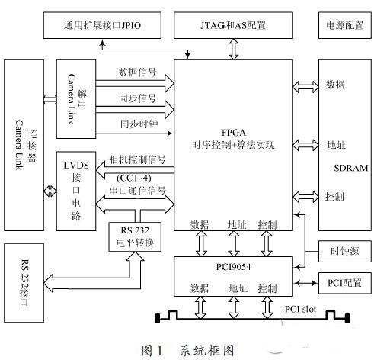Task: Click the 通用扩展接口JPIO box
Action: (x=102, y=25)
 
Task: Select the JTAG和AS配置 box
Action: (x=233, y=25)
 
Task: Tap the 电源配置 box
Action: (x=345, y=25)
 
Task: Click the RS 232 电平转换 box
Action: (x=135, y=237)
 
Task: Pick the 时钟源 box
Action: (x=345, y=251)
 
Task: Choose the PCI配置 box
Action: (x=345, y=283)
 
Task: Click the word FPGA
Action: (x=233, y=133)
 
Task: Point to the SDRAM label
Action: (x=351, y=168)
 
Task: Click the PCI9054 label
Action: (x=233, y=267)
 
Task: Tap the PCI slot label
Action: (x=300, y=309)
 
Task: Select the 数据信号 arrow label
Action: (x=137, y=72)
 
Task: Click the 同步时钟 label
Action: (x=139, y=124)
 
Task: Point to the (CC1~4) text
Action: (x=134, y=178)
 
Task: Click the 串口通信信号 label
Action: (x=137, y=191)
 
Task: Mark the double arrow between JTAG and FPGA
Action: (x=234, y=50)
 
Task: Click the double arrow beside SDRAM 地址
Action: (x=305, y=145)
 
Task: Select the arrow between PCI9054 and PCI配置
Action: (x=305, y=283)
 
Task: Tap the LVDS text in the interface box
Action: (x=76, y=166)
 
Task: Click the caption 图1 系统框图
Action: (x=187, y=351)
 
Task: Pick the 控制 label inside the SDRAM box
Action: (x=334, y=197)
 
